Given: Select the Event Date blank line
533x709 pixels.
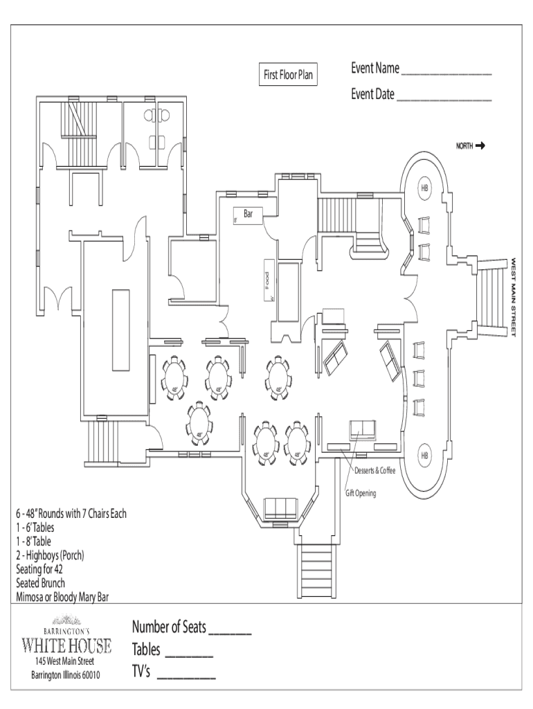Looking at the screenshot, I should [x=444, y=99].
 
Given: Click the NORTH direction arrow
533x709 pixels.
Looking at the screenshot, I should [x=480, y=146].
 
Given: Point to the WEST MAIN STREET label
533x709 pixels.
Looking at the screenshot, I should [x=514, y=298].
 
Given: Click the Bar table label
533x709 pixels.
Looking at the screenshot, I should [x=248, y=215].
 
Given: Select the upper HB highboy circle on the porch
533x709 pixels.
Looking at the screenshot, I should [x=424, y=189].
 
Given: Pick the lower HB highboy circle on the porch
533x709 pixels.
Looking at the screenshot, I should [x=424, y=456].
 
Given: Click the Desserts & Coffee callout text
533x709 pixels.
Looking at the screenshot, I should [x=375, y=472].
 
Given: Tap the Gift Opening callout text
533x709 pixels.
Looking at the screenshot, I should [x=361, y=494].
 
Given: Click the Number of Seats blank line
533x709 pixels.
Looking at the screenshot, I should [x=229, y=632].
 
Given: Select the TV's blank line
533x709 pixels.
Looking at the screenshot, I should [x=186, y=675].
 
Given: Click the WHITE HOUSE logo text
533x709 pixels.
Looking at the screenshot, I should [x=67, y=647].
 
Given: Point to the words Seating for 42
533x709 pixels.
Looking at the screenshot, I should [x=40, y=570].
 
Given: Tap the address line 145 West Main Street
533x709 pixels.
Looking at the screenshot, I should [x=67, y=662].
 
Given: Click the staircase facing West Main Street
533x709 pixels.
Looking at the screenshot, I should [x=494, y=296].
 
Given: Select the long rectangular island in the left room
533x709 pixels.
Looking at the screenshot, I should [x=120, y=330].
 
